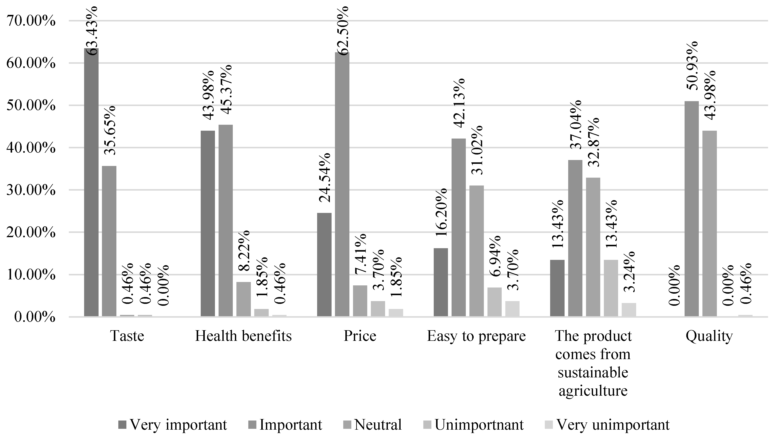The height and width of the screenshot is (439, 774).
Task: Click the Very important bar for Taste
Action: [x=91, y=182]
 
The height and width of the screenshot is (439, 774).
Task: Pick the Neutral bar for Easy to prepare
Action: [x=476, y=251]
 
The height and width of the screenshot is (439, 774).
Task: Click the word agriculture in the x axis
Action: [x=593, y=391]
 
